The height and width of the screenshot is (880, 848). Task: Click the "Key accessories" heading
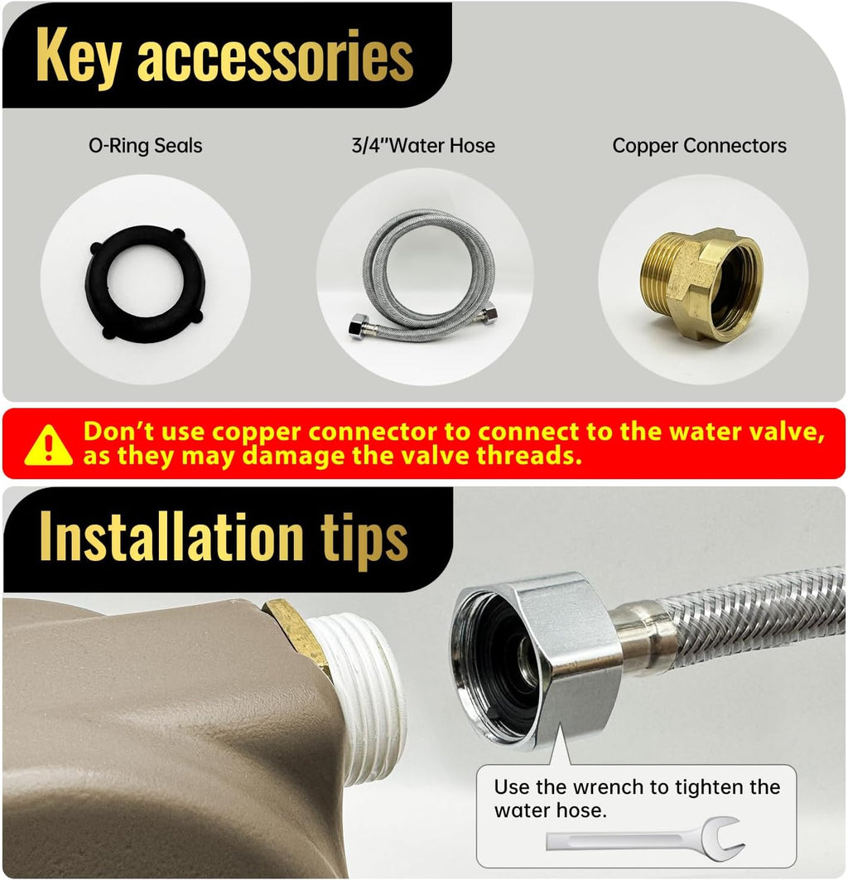(x=225, y=56)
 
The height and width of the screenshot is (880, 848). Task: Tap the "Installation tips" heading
(x=224, y=539)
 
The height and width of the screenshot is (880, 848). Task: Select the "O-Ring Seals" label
(x=145, y=146)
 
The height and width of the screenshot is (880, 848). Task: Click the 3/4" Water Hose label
(x=423, y=145)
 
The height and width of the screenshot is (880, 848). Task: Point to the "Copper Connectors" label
(x=700, y=146)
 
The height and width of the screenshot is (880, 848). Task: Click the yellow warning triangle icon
(x=49, y=446)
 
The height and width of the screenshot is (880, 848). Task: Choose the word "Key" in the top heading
(x=79, y=57)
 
